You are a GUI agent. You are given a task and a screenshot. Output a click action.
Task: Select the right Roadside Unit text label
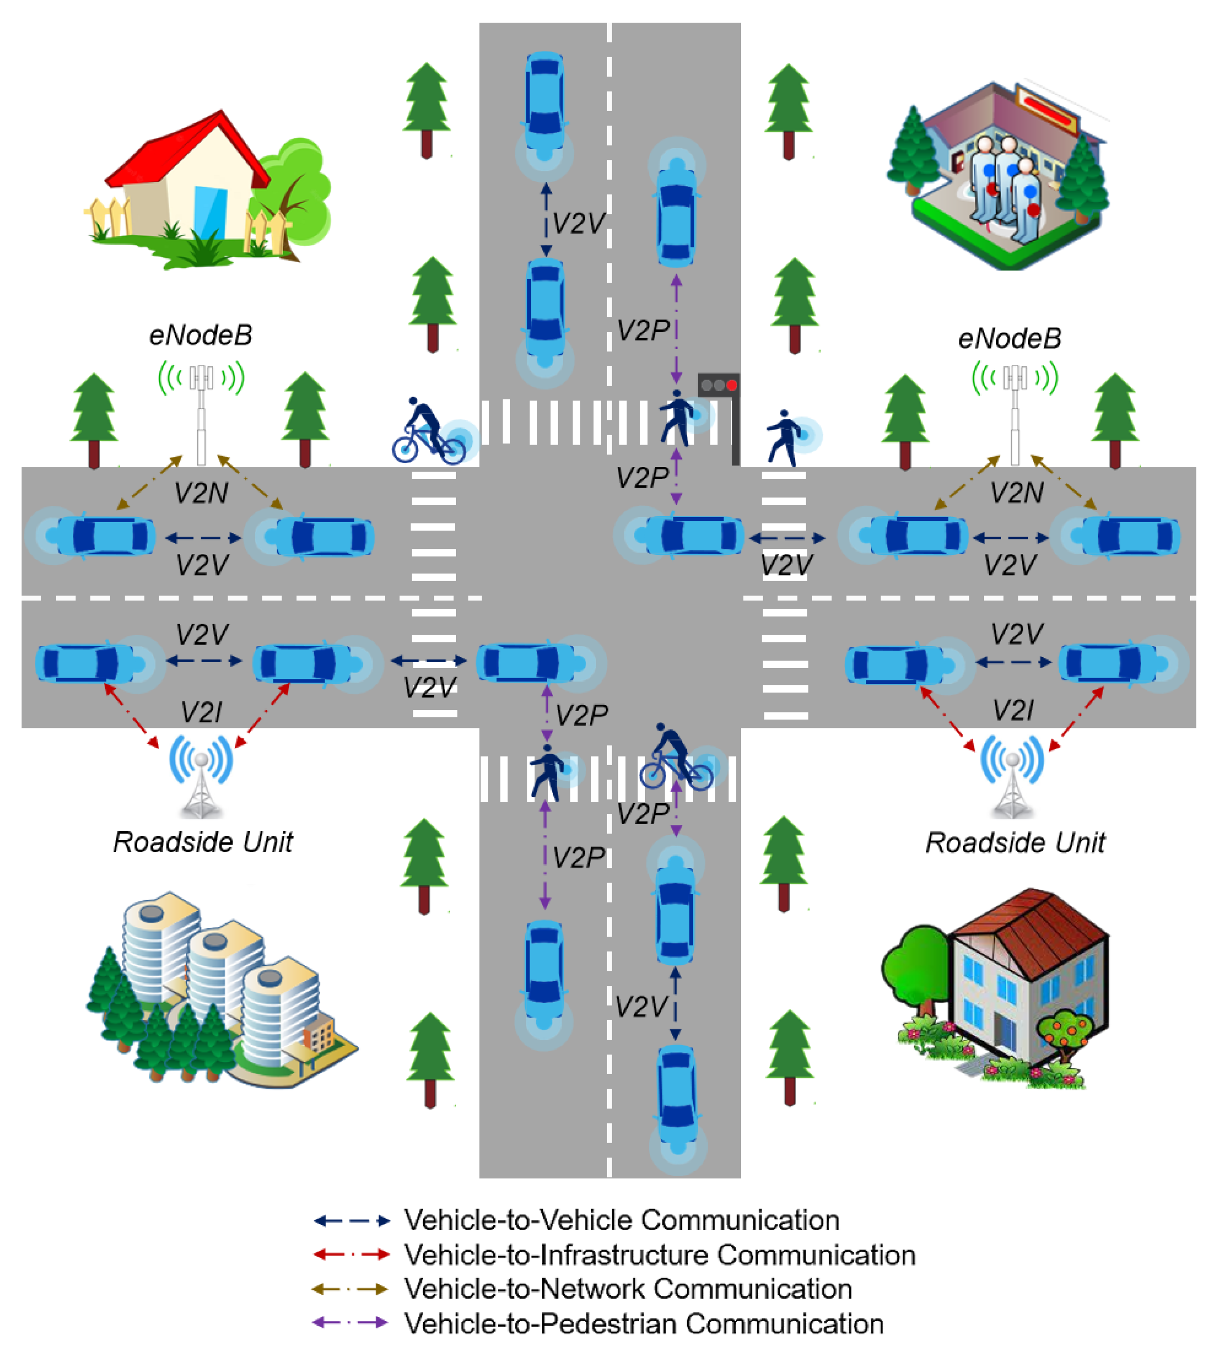coord(1015,843)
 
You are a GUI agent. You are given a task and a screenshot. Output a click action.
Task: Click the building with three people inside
coord(998,176)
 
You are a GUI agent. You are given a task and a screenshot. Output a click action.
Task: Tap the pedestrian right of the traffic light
coord(784,436)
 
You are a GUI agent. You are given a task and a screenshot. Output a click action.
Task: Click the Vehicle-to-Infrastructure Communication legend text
coord(659,1255)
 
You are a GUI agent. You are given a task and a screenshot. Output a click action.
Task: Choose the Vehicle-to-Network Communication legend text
coord(627,1289)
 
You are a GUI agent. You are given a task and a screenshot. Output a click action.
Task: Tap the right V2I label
coord(1013,710)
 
